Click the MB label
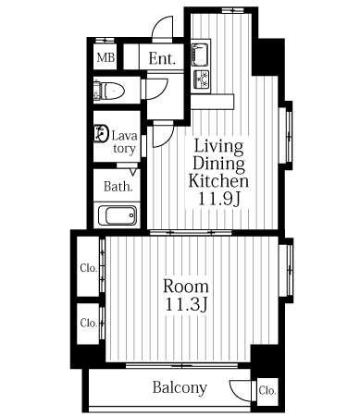point(106,57)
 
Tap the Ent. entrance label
point(162,58)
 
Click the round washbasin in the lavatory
point(101,133)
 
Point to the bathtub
point(118,215)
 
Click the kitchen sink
point(200,55)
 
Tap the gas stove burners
point(201,79)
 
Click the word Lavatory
point(124,141)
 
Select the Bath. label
point(118,186)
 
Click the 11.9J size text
point(218,199)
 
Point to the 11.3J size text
point(185,305)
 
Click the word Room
point(186,287)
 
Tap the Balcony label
point(180,387)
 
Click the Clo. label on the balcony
point(267,391)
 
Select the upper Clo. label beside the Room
point(89,268)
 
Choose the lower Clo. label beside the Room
point(89,323)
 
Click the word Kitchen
point(218,181)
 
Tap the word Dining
point(218,164)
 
